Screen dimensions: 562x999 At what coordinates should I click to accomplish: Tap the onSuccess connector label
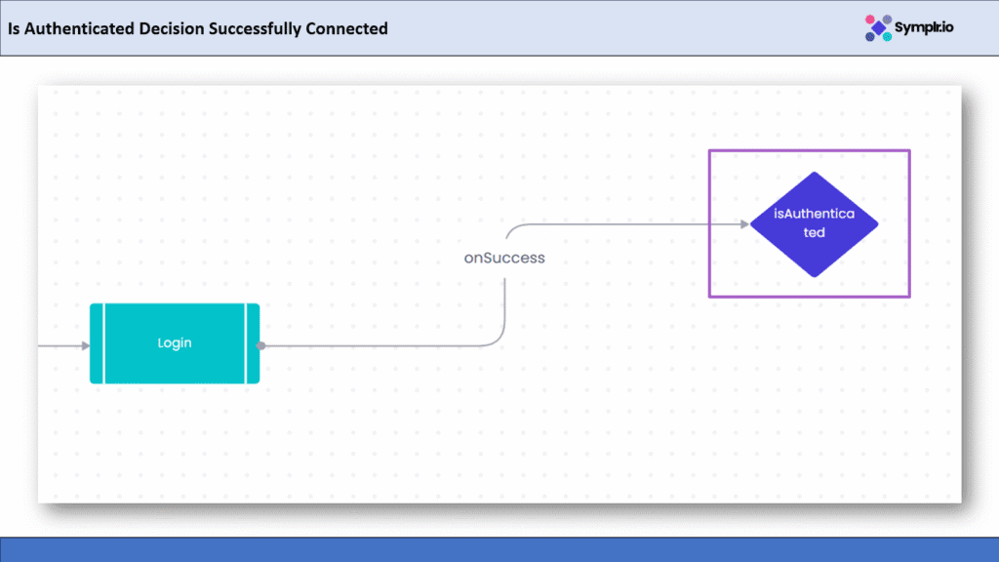(x=504, y=259)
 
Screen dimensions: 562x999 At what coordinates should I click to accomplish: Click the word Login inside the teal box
(x=175, y=343)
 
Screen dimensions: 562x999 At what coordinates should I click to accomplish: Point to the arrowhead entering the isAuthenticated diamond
(x=743, y=223)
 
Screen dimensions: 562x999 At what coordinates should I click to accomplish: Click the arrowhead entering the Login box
(x=85, y=344)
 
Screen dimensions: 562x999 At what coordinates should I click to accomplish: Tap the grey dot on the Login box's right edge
(x=261, y=344)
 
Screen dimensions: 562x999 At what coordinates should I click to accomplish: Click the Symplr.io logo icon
(x=879, y=27)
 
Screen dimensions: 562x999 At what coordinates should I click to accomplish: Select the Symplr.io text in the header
(x=927, y=27)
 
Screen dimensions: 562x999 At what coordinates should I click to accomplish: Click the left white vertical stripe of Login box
(x=103, y=343)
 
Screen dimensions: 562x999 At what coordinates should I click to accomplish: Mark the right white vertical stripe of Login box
(x=246, y=343)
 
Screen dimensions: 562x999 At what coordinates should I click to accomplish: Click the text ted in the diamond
(x=814, y=233)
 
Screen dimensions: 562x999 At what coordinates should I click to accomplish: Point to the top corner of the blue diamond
(x=815, y=174)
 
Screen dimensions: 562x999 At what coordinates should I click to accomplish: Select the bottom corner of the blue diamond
(x=815, y=276)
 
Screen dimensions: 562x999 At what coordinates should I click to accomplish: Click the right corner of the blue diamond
(x=877, y=224)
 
